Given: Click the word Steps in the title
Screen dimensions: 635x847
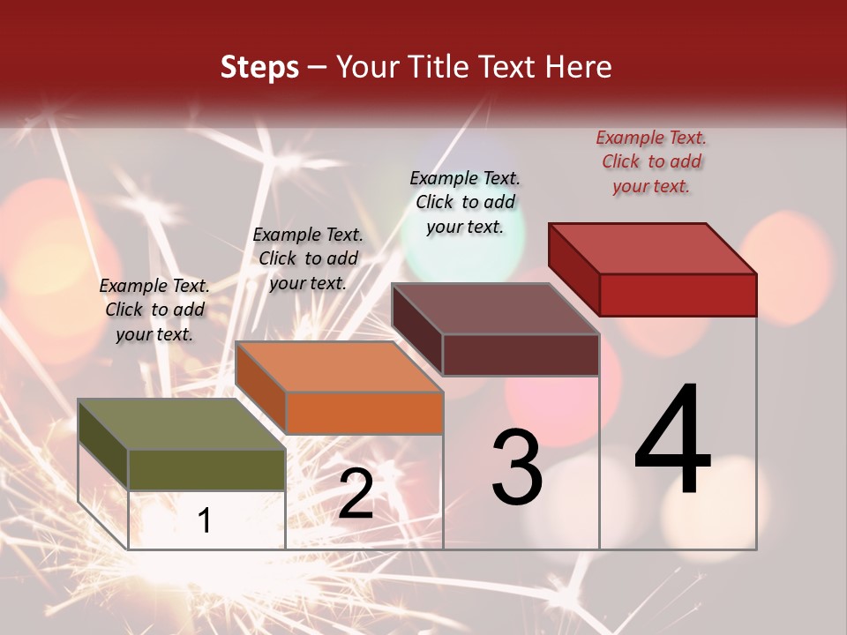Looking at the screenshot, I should [259, 67].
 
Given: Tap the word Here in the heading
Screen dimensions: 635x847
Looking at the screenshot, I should [579, 67].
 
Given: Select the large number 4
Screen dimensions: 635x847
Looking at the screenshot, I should [672, 441].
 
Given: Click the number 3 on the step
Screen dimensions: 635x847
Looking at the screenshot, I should [517, 468].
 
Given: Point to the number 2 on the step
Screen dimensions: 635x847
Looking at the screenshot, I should [356, 495].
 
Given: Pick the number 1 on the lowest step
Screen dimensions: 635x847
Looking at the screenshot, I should [205, 520].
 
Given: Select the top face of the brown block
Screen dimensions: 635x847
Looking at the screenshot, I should [494, 309].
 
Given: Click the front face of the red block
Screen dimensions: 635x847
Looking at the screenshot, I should [678, 295].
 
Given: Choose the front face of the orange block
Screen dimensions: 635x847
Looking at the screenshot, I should [364, 413].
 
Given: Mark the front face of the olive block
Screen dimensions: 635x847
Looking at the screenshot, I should [206, 470].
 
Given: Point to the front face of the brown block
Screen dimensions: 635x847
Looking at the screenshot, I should [521, 355].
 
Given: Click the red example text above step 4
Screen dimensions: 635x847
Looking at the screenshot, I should [651, 162].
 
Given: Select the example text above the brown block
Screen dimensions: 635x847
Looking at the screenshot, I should [465, 202].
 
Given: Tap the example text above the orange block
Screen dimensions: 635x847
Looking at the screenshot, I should [308, 258].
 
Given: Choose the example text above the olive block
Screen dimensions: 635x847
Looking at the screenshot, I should [154, 310].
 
